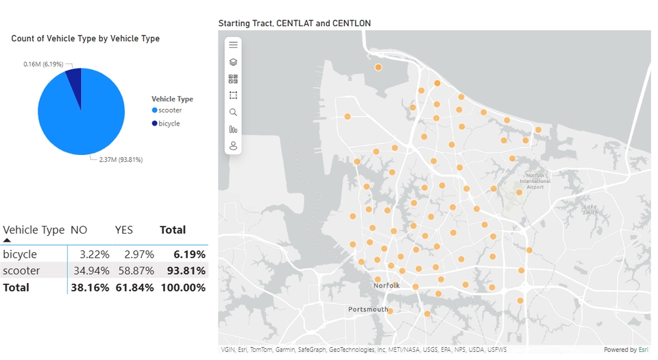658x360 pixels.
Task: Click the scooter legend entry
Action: (167, 110)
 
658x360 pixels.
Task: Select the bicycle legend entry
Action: (169, 123)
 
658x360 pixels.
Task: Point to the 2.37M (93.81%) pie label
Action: (120, 160)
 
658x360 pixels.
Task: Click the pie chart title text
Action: (86, 38)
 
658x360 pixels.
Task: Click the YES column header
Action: (123, 230)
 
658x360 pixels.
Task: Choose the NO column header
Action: (79, 230)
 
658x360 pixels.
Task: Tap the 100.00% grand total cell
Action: (183, 287)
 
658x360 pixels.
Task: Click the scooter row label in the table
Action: (21, 271)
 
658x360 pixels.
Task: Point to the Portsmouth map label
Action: (367, 309)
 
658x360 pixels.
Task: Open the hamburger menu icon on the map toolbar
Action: (233, 45)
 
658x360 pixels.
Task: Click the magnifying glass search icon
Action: (233, 112)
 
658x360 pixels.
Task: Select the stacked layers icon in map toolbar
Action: (233, 62)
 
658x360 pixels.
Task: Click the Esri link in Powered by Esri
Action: (643, 350)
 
